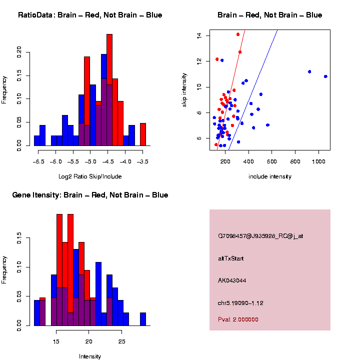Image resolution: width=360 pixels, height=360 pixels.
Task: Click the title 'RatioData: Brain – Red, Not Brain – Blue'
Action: (90, 15)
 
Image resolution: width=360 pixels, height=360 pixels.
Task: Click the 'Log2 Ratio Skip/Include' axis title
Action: (90, 176)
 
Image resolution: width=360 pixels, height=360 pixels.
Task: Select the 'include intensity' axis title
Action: (270, 176)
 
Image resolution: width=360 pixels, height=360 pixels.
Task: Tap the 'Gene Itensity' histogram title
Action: (90, 195)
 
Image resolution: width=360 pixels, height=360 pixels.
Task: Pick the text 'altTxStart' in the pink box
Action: (231, 258)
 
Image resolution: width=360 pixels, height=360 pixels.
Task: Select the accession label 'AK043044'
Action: (232, 280)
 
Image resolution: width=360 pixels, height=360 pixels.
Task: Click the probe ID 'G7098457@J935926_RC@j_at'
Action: (260, 236)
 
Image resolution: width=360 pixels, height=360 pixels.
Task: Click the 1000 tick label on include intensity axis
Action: (318, 161)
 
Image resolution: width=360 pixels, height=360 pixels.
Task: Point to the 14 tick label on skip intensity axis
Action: (198, 36)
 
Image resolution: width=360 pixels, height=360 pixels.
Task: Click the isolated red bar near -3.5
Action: (143, 134)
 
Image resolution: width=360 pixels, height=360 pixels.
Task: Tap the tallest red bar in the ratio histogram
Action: (109, 90)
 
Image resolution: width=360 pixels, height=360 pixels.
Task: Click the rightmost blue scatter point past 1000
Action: (325, 76)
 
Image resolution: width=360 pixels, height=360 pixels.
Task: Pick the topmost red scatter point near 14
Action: (238, 34)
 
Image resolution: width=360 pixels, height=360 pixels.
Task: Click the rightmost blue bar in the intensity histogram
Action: (143, 319)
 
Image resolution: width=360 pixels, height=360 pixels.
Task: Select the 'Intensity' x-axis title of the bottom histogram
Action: (90, 356)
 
